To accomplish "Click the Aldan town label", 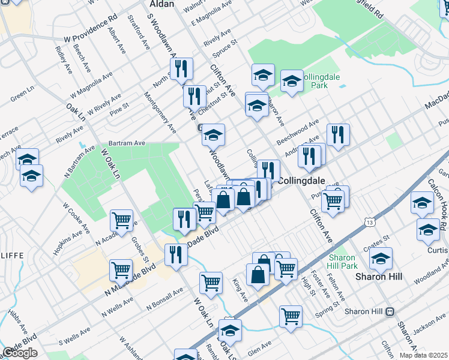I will [x=161, y=4].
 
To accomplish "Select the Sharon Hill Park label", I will [x=343, y=261].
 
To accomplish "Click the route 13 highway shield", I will [x=369, y=222].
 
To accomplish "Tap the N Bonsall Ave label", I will [x=165, y=298].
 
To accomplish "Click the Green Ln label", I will [x=22, y=94].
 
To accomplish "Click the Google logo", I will [x=20, y=353].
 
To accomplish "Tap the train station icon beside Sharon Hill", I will [x=390, y=311].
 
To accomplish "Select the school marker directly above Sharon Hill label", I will [x=381, y=259].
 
